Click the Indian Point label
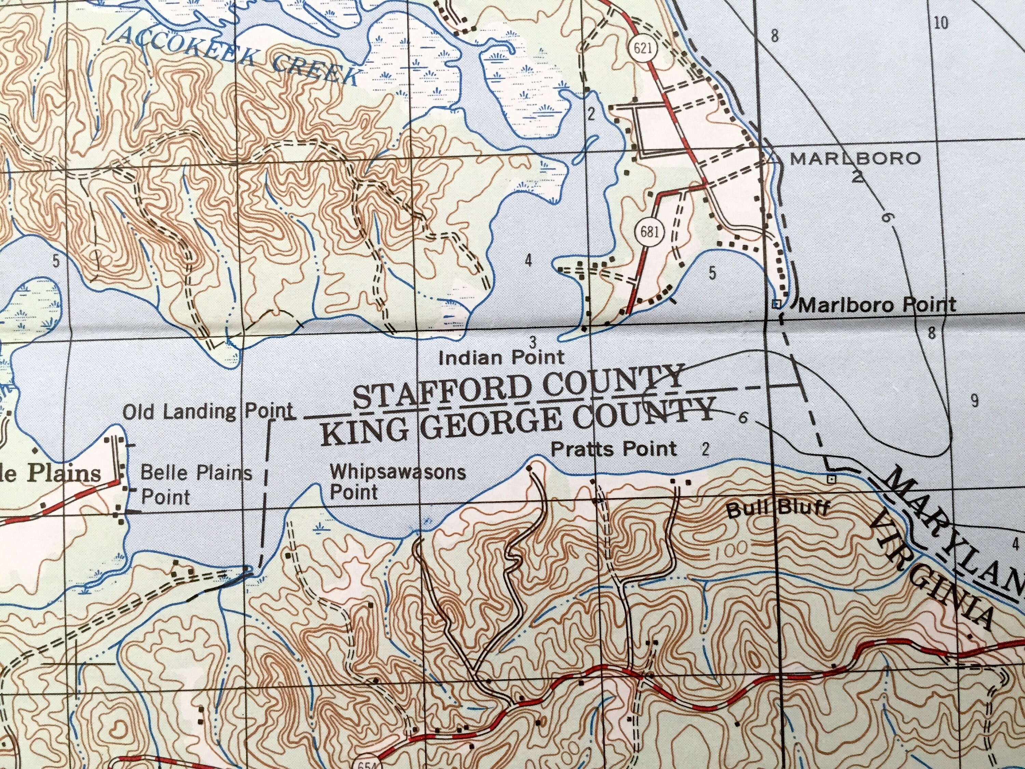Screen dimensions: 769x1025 click(x=501, y=358)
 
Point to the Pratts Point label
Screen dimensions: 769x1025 click(x=614, y=449)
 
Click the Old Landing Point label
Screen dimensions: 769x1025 click(x=208, y=411)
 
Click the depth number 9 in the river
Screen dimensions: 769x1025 click(x=974, y=401)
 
